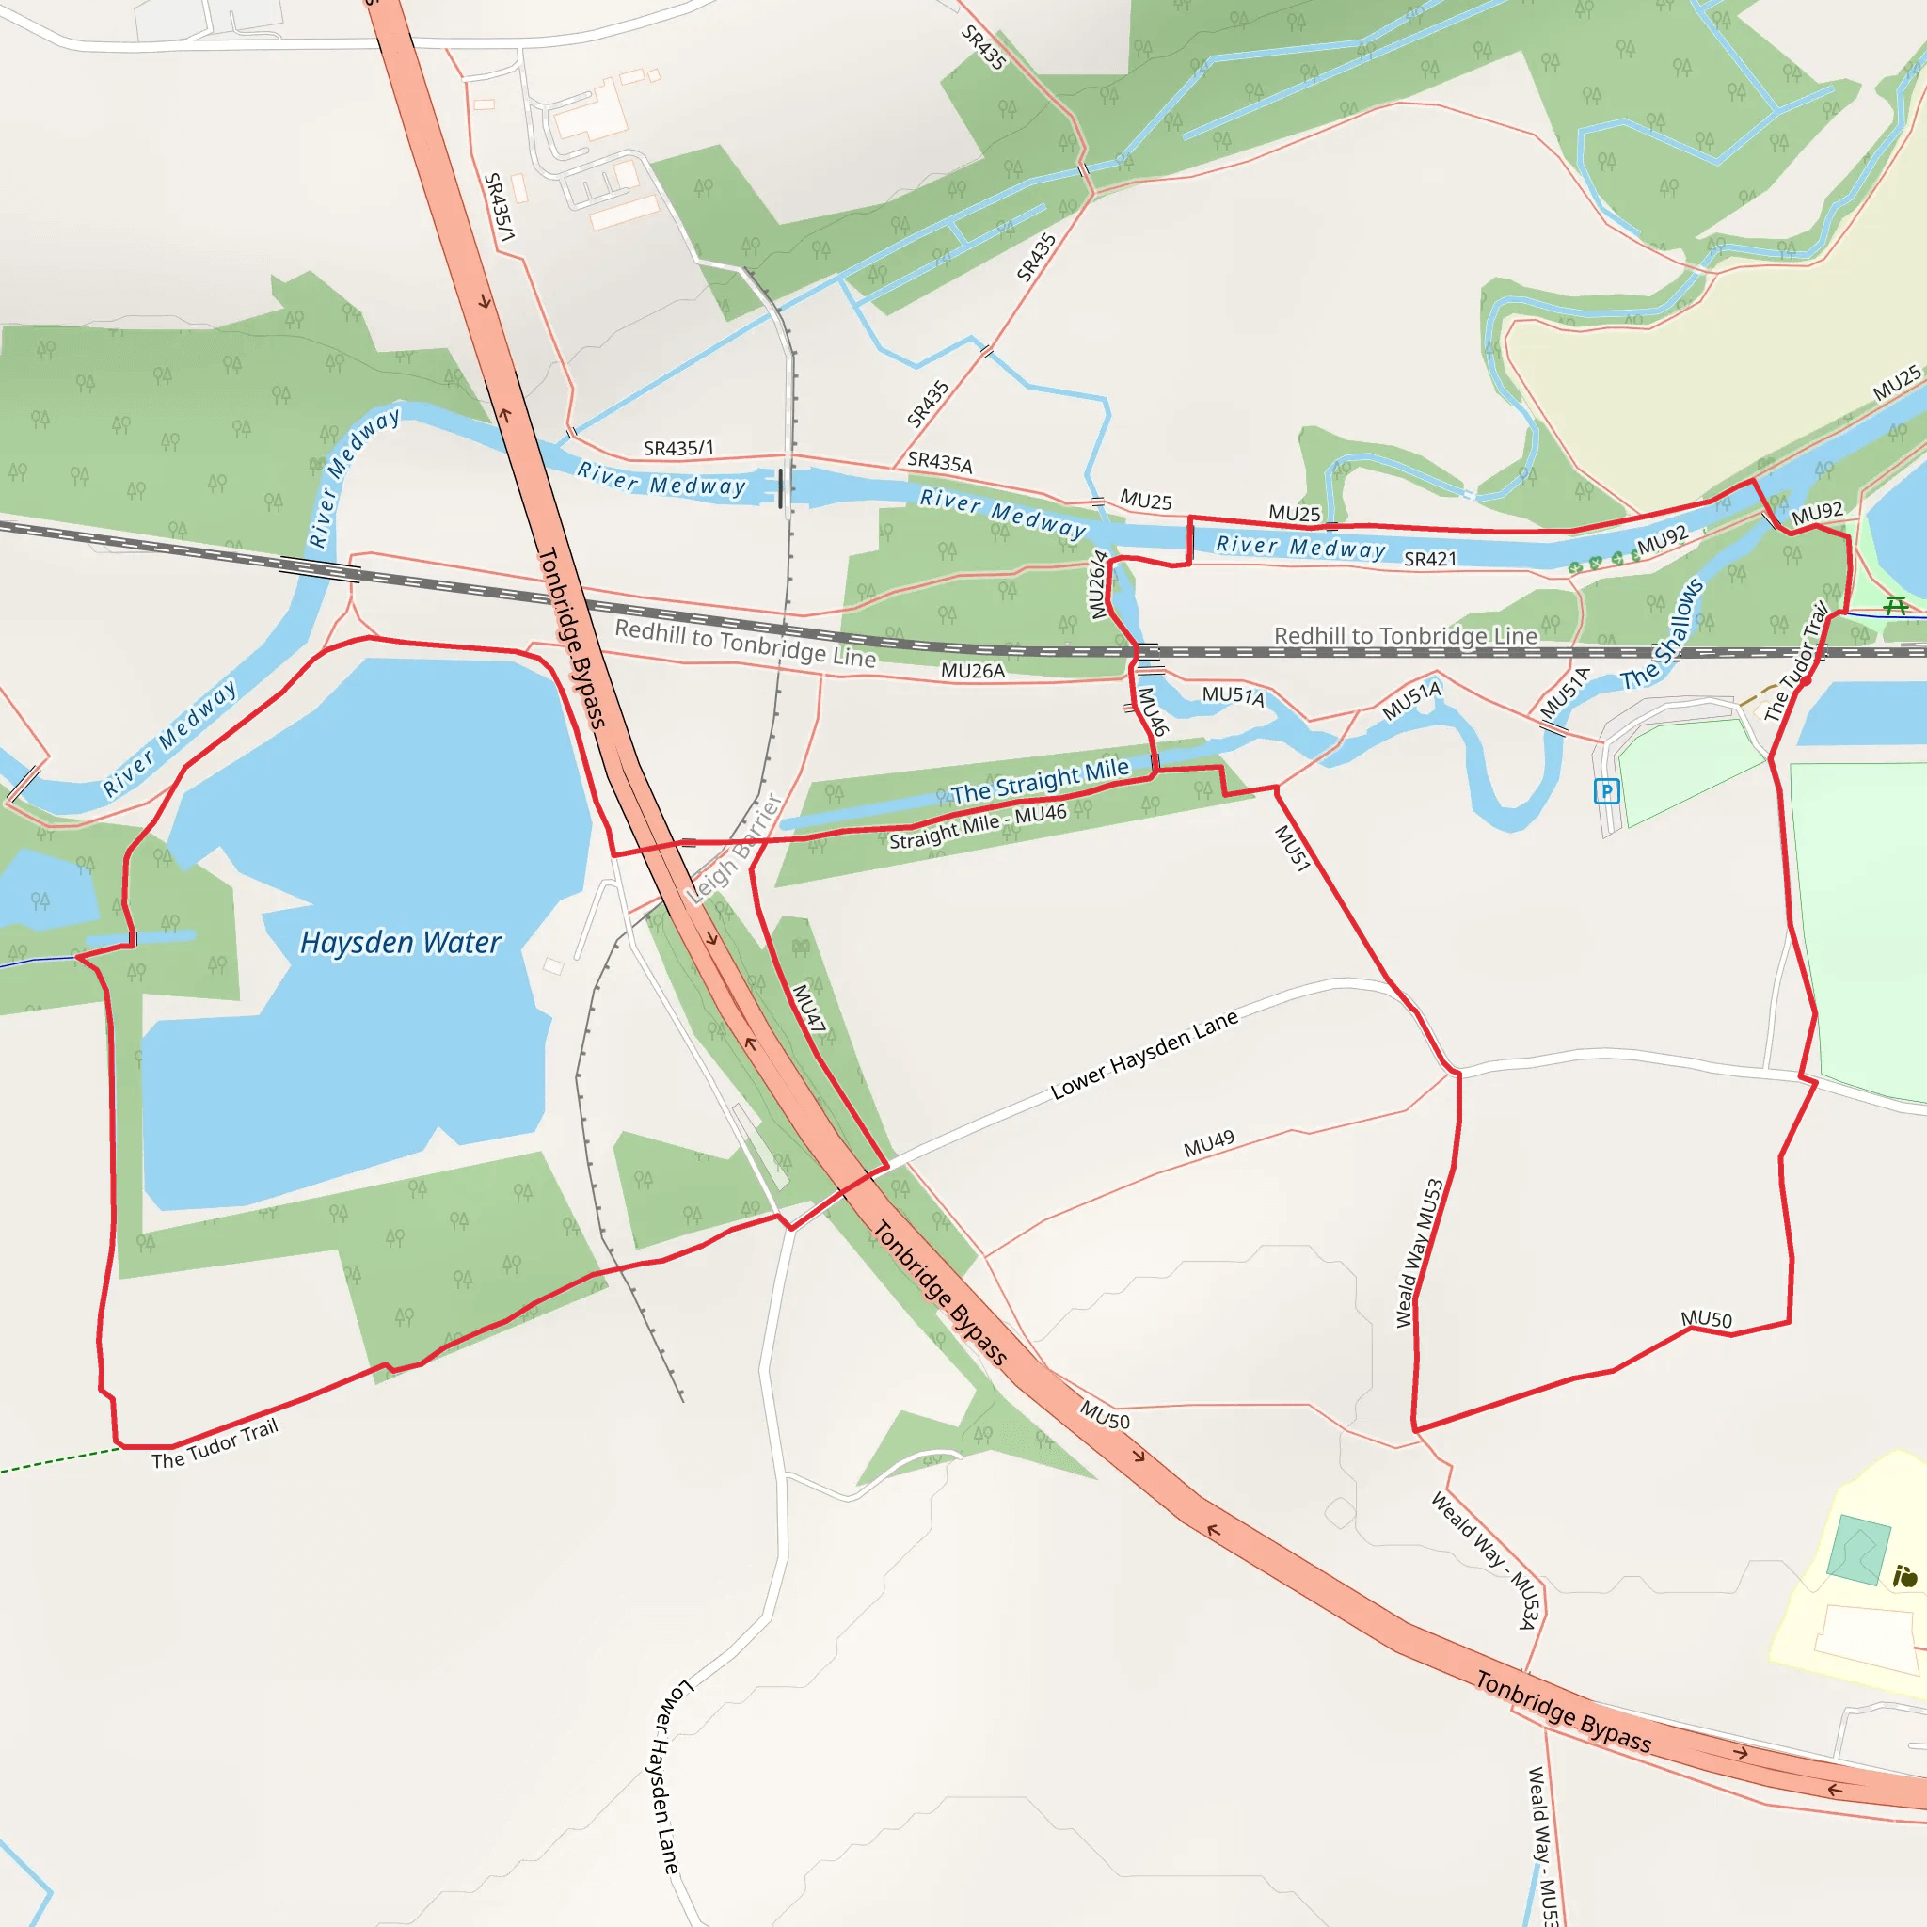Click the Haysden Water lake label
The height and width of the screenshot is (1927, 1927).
point(400,943)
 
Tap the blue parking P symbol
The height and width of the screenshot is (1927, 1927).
point(1606,792)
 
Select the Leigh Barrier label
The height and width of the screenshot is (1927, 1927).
point(735,849)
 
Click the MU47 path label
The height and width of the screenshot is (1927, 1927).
point(809,1008)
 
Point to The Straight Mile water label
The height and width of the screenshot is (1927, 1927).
point(1040,781)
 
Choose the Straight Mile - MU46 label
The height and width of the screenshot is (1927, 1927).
point(978,827)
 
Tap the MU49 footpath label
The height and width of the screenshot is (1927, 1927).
point(1209,1144)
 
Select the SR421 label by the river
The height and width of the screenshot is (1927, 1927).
point(1430,560)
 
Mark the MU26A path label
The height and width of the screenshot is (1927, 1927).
point(973,671)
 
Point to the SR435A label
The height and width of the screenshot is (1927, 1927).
point(940,463)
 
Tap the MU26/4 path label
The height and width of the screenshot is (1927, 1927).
point(1098,584)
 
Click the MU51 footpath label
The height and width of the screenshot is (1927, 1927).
point(1293,849)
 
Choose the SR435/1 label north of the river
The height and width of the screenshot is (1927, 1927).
point(678,449)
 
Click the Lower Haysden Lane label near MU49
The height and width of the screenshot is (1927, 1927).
point(1144,1056)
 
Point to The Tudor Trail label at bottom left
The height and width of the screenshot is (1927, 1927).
point(215,1444)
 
